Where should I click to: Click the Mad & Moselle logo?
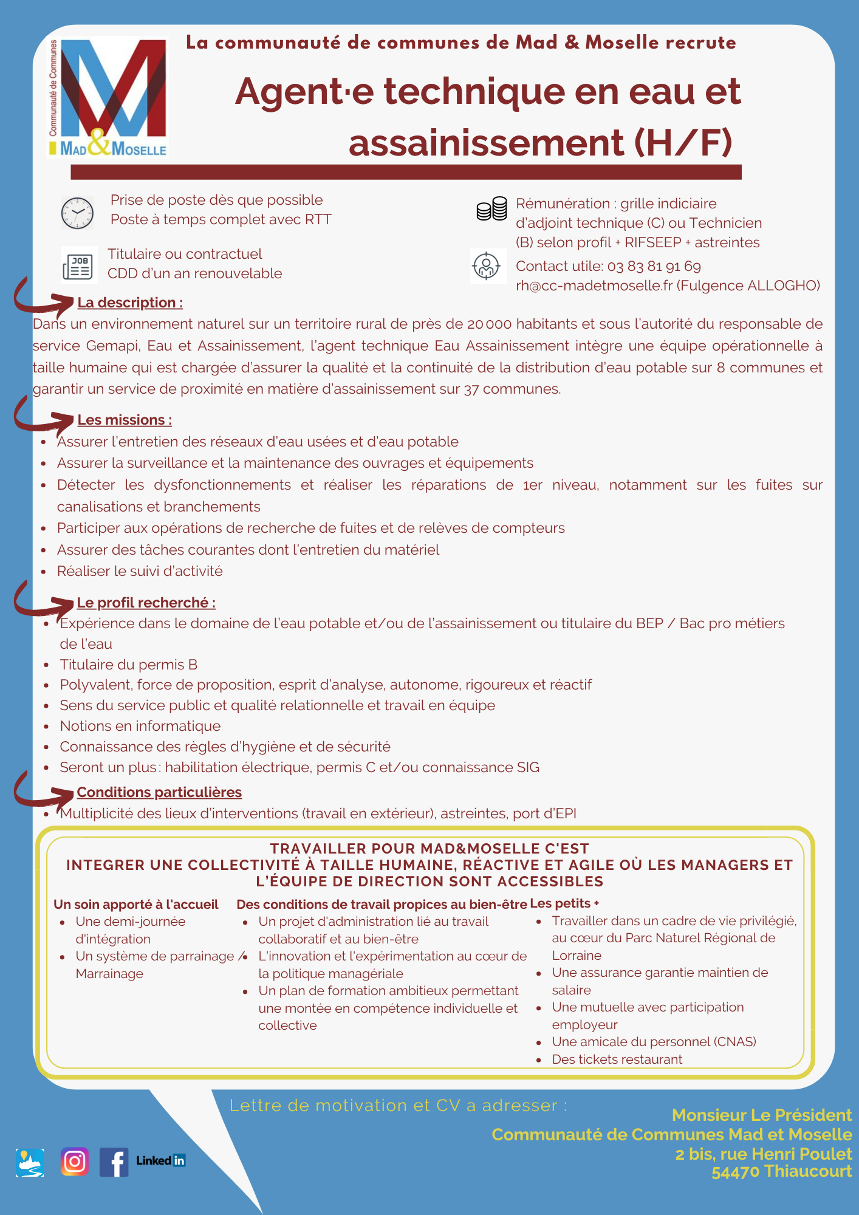click(108, 97)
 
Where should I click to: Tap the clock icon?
click(77, 213)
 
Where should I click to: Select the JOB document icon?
click(79, 266)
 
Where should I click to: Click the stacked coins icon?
click(491, 209)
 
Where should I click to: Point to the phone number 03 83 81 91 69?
click(654, 267)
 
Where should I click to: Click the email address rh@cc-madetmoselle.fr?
click(594, 286)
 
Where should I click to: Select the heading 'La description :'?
click(130, 303)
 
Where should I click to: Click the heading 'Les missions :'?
click(125, 420)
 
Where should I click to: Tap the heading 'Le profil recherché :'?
click(146, 603)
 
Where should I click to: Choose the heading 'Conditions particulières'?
click(159, 792)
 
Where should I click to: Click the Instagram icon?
click(75, 1162)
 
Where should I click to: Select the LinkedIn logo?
click(161, 1160)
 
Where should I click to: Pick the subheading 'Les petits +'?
click(564, 903)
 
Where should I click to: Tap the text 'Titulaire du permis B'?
click(129, 665)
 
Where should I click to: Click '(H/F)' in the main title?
click(683, 143)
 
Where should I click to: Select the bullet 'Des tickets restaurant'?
click(617, 1059)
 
